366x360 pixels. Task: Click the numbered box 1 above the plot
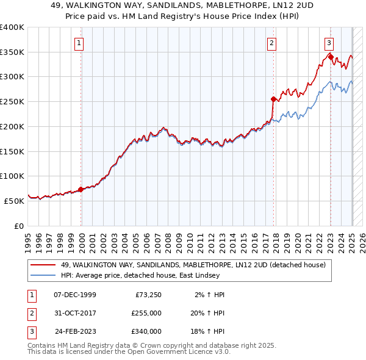(81, 43)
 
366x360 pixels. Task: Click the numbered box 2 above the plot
(271, 43)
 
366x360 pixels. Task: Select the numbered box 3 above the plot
(329, 43)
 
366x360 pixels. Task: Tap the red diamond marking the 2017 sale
(273, 98)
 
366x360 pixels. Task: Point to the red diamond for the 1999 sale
(81, 189)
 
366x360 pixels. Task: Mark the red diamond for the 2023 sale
(330, 56)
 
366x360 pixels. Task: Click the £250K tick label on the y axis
(12, 102)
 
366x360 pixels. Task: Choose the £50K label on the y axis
(15, 201)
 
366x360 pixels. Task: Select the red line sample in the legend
(43, 265)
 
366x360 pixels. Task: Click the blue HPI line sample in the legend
(43, 275)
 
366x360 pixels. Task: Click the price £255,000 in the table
(146, 313)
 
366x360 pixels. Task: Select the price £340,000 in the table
(146, 331)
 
